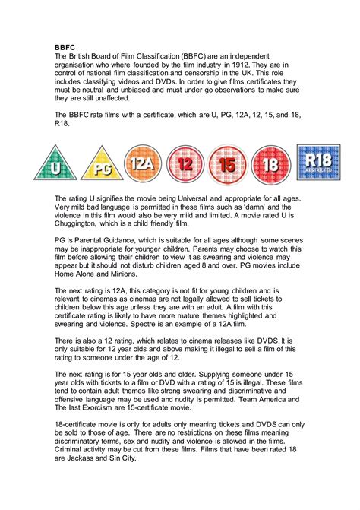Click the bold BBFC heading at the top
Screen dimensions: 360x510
tap(66, 46)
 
